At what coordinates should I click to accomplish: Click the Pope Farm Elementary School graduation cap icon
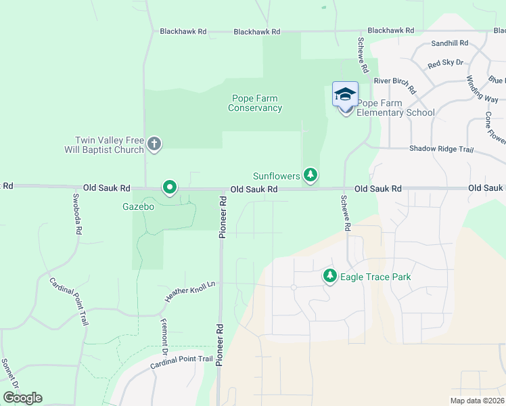(345, 95)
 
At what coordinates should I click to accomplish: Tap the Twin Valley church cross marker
(154, 143)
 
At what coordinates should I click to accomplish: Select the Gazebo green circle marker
(169, 187)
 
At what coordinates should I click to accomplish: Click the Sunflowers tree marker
(310, 175)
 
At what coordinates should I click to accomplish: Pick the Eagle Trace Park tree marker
(330, 276)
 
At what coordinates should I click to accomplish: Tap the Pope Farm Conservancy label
(255, 103)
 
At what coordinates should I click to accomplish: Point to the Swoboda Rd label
(78, 215)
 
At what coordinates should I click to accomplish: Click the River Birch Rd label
(395, 85)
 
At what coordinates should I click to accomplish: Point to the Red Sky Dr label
(445, 63)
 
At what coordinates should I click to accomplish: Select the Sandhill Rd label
(450, 43)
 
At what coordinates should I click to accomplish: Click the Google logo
(22, 398)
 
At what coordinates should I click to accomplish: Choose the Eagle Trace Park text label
(375, 277)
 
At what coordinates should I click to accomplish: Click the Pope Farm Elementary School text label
(396, 108)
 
